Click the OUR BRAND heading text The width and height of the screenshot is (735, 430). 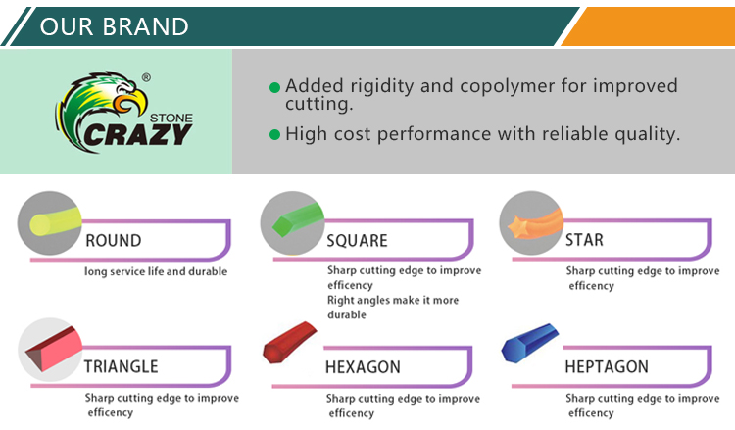coord(115,26)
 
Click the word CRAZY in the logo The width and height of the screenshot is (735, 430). coord(138,135)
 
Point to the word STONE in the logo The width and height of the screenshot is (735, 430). coord(171,119)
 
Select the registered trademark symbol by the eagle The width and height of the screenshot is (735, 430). coord(146,77)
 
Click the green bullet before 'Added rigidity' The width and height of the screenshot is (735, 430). coord(275,87)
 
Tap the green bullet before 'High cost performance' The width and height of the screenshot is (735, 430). coord(275,135)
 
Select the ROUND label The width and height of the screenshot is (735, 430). coord(114,241)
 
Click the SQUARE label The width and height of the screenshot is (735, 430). coord(357,241)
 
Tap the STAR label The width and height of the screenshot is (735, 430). coord(584,240)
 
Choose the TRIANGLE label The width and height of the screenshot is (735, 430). coord(121,366)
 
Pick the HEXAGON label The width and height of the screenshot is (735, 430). coord(364,367)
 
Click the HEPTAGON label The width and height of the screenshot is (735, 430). coord(607,366)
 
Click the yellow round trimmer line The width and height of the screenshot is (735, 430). coord(55,222)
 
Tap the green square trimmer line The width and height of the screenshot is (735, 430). coord(298,219)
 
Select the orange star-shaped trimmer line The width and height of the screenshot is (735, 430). coord(535,224)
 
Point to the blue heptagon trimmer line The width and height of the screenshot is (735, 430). coord(529,343)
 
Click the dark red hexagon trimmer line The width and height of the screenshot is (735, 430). coord(289,343)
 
